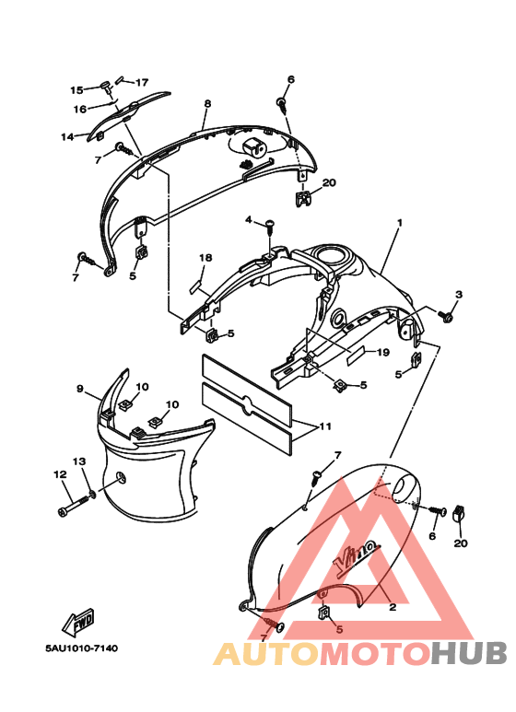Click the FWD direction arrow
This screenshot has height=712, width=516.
click(x=78, y=622)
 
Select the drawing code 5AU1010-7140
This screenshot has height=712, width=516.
click(x=82, y=648)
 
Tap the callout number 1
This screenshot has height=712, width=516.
click(x=400, y=223)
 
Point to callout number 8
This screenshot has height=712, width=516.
click(x=207, y=103)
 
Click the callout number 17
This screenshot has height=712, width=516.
click(x=142, y=82)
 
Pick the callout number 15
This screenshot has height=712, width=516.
click(x=76, y=90)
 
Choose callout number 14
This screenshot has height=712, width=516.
click(x=67, y=136)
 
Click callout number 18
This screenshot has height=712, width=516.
click(x=205, y=258)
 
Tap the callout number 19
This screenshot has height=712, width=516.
click(x=383, y=352)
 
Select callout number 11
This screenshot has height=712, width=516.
click(x=325, y=426)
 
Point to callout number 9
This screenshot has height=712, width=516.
click(x=80, y=389)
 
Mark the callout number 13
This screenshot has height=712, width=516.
click(x=79, y=461)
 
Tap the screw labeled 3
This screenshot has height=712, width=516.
click(x=445, y=315)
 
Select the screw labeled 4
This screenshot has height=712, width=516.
click(x=269, y=226)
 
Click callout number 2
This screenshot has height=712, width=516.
click(x=393, y=607)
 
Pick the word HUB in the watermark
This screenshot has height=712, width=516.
click(x=469, y=653)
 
